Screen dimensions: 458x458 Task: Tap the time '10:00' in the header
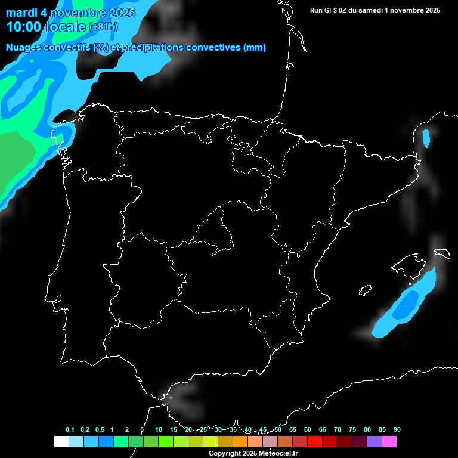(24, 27)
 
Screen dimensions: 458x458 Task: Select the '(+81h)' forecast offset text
(103, 27)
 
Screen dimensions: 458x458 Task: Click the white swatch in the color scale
(61, 441)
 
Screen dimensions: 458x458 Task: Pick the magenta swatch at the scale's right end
(389, 441)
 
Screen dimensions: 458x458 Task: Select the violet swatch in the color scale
(374, 441)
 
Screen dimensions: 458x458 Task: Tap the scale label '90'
(397, 429)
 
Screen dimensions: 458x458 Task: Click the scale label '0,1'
(70, 429)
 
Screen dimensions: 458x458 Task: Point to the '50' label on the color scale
(278, 429)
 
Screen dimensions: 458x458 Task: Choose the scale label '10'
(158, 429)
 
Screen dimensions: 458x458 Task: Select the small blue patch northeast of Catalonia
(426, 138)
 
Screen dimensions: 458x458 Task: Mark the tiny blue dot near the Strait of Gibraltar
(171, 397)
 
